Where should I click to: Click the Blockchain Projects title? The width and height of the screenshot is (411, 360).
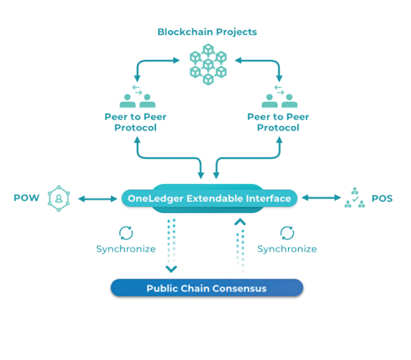click(207, 32)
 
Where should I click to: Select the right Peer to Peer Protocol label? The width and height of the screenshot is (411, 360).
click(278, 122)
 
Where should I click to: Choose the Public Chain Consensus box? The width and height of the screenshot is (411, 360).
click(206, 288)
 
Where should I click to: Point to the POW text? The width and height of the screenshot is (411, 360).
click(26, 198)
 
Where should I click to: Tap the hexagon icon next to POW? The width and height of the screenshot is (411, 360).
click(59, 198)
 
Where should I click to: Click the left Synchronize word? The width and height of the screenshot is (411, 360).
click(126, 249)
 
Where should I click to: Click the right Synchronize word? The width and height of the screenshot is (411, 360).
click(287, 249)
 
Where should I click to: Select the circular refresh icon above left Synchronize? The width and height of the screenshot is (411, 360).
click(125, 232)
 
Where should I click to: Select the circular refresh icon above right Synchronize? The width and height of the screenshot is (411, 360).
click(287, 232)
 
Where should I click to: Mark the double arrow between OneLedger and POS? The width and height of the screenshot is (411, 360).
click(319, 198)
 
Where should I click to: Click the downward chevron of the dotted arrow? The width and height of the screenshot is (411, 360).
click(171, 268)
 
